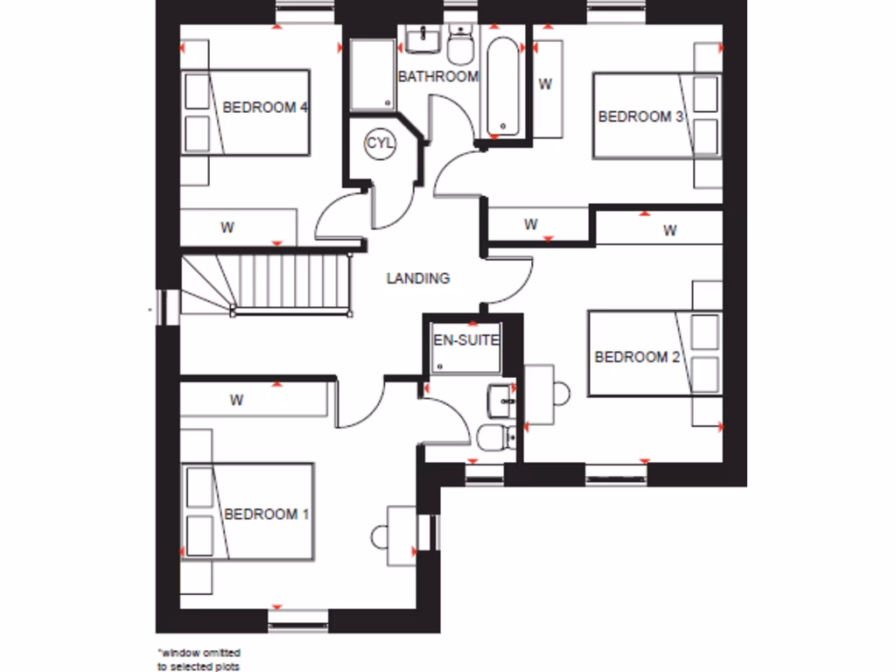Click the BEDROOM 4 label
[x=265, y=108]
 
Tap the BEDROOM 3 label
[x=640, y=116]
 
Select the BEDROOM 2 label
[x=637, y=357]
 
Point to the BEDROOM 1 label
[x=266, y=514]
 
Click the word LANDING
[x=418, y=278]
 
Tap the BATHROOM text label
[x=438, y=76]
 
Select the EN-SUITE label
[x=466, y=339]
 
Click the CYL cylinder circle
[x=381, y=143]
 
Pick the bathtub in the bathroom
[x=503, y=86]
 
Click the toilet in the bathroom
[x=460, y=43]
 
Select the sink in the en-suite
[x=502, y=400]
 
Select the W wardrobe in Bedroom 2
[x=669, y=231]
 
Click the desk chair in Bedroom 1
[x=381, y=535]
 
